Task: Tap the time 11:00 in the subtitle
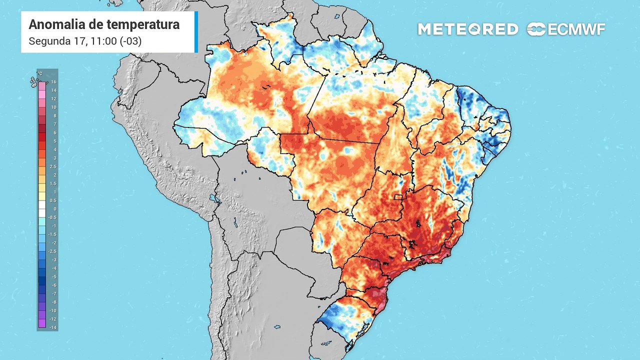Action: click(102, 41)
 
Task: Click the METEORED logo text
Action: click(467, 29)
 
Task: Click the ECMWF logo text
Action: click(576, 29)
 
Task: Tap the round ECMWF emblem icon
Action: click(536, 29)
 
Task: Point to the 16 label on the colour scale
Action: click(53, 81)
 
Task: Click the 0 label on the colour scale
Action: click(53, 208)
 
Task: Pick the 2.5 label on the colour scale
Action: click(53, 166)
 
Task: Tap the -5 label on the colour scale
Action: click(53, 276)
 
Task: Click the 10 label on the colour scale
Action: click(53, 107)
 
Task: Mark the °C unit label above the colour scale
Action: click(46, 73)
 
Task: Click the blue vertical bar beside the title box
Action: click(196, 31)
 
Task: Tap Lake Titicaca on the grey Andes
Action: click(216, 198)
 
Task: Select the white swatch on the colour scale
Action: click(42, 208)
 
